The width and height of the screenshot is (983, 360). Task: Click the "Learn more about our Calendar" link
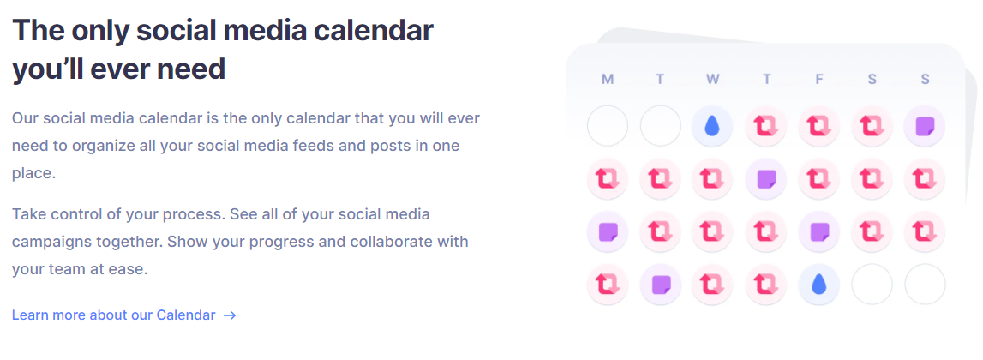point(113,315)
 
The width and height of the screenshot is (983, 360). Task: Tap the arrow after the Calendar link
point(230,315)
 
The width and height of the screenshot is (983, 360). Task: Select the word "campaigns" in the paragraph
point(48,243)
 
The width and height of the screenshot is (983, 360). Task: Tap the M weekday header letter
point(607,79)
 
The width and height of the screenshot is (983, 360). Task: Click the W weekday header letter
point(712,79)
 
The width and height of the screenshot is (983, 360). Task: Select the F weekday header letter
point(818,79)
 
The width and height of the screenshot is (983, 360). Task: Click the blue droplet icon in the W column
point(711,126)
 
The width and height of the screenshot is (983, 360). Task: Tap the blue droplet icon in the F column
point(818,285)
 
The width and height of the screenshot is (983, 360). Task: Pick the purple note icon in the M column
point(607,232)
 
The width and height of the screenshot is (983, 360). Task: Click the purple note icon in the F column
point(818,232)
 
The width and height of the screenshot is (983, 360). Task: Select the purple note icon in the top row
point(925,126)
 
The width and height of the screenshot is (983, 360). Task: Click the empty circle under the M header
point(608,126)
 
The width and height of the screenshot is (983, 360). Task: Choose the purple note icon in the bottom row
point(660,285)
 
